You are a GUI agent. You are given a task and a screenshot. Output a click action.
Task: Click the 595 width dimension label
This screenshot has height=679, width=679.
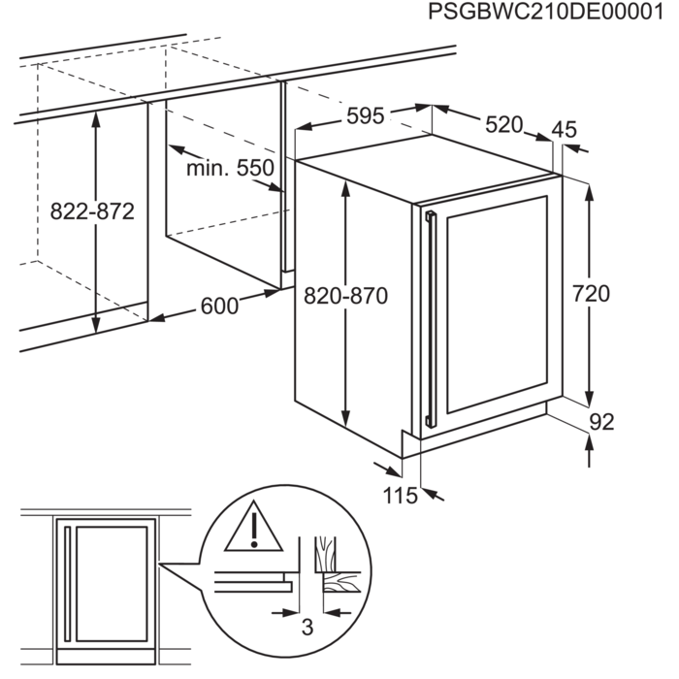[x=366, y=115]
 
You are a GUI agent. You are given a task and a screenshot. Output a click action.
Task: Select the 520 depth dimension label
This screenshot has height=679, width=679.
[x=503, y=124]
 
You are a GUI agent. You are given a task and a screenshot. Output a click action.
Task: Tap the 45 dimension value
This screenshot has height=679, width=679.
[x=564, y=129]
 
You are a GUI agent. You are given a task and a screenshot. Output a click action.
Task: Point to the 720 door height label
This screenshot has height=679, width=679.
[x=591, y=294]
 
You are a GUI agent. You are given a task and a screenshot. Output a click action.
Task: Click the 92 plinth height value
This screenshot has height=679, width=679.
[x=601, y=422]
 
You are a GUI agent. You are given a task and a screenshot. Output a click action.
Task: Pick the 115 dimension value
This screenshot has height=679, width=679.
[x=399, y=496]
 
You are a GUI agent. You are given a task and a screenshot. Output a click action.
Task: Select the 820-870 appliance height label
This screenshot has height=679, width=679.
[x=344, y=297]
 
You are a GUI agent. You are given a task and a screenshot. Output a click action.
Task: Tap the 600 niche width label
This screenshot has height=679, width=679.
[x=218, y=306]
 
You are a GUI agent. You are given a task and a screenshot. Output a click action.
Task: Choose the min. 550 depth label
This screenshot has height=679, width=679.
[x=231, y=169]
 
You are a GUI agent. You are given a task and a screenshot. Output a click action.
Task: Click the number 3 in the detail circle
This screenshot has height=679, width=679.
[x=307, y=628]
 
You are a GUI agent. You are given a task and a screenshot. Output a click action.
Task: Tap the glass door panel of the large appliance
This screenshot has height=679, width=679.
[x=495, y=306]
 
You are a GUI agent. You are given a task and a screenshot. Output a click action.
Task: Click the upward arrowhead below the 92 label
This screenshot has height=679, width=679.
[x=590, y=443]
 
